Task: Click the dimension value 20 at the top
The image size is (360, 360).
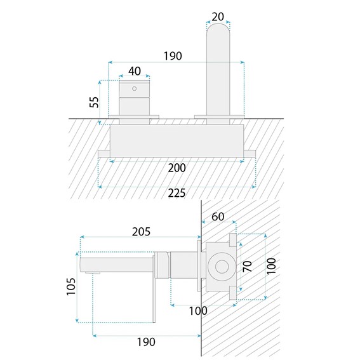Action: (218, 17)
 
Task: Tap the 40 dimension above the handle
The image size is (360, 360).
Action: (135, 71)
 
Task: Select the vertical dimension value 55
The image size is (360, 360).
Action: (94, 102)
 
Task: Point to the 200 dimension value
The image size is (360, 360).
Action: (177, 168)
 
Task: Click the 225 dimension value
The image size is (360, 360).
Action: (177, 193)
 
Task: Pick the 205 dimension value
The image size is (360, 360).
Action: (141, 232)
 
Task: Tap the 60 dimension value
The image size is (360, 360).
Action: (218, 217)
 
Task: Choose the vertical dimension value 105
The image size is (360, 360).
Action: (71, 286)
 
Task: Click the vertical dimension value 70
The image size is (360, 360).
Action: (247, 266)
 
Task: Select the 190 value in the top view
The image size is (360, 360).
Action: (173, 56)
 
